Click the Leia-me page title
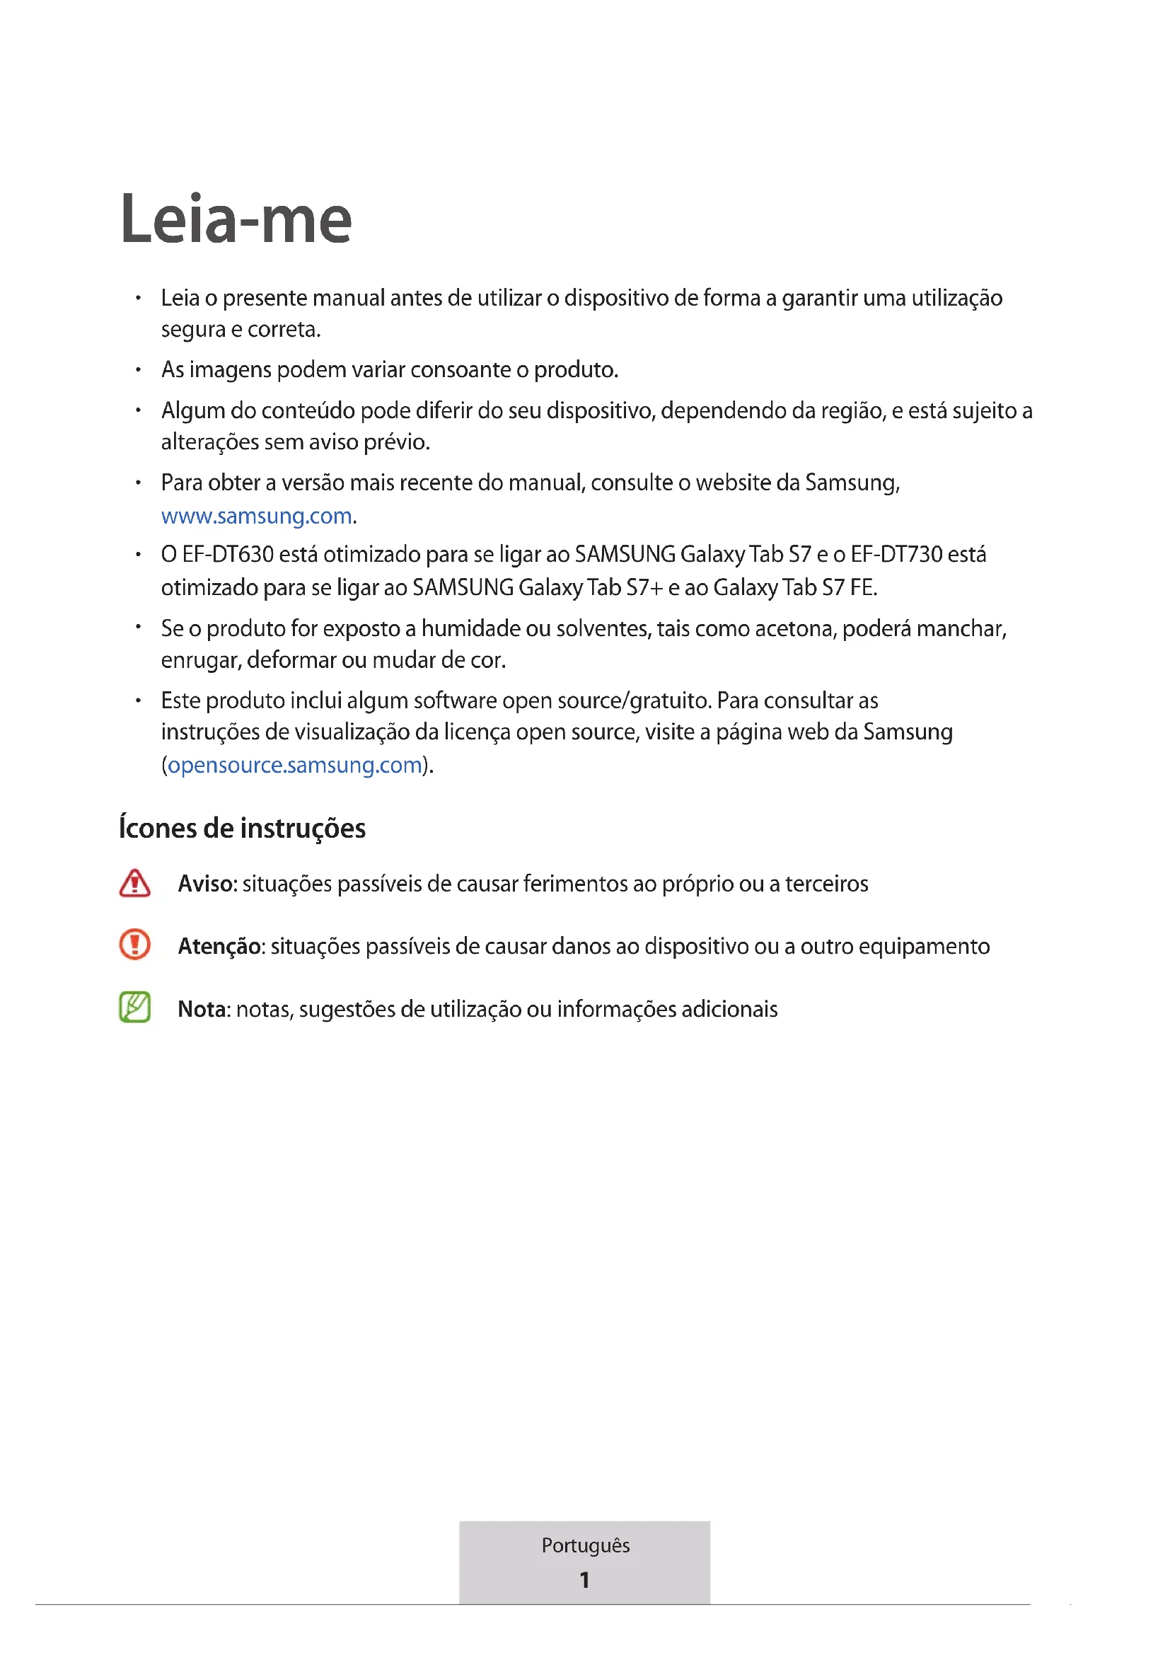(236, 219)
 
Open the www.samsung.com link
(257, 516)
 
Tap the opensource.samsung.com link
(295, 765)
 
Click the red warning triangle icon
(134, 883)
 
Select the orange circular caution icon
(134, 945)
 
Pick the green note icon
(134, 1008)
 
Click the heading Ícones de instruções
(242, 829)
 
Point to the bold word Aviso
(206, 884)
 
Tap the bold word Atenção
(219, 947)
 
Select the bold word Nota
(202, 1009)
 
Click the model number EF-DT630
(228, 554)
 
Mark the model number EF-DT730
(896, 554)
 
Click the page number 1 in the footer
(585, 1580)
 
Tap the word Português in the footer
(585, 1545)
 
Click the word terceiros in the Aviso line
(826, 884)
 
